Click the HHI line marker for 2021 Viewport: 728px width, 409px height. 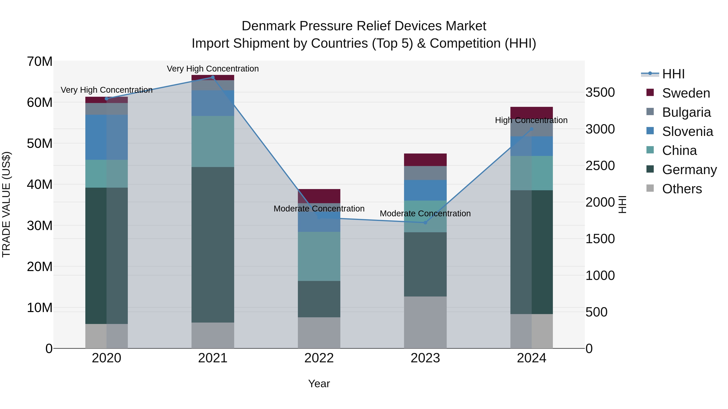213,77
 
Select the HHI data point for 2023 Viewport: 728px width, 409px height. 425,223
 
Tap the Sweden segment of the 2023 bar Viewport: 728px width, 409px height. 425,160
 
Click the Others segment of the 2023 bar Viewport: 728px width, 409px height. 425,322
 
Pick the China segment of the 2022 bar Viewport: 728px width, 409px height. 319,256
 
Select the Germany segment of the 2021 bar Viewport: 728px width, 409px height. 213,245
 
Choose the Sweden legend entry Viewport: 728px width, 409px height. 686,93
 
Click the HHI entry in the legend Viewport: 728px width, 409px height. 673,74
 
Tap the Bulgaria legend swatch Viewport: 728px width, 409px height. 650,112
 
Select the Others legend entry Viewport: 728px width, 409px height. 682,189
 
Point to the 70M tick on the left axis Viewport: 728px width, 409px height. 40,62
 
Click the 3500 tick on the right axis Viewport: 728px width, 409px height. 600,92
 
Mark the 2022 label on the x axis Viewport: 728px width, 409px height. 319,358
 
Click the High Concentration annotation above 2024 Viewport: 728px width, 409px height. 531,120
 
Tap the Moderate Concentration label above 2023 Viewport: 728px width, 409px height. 425,213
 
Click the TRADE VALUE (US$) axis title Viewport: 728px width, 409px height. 6,204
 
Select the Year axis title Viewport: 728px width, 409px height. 319,384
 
